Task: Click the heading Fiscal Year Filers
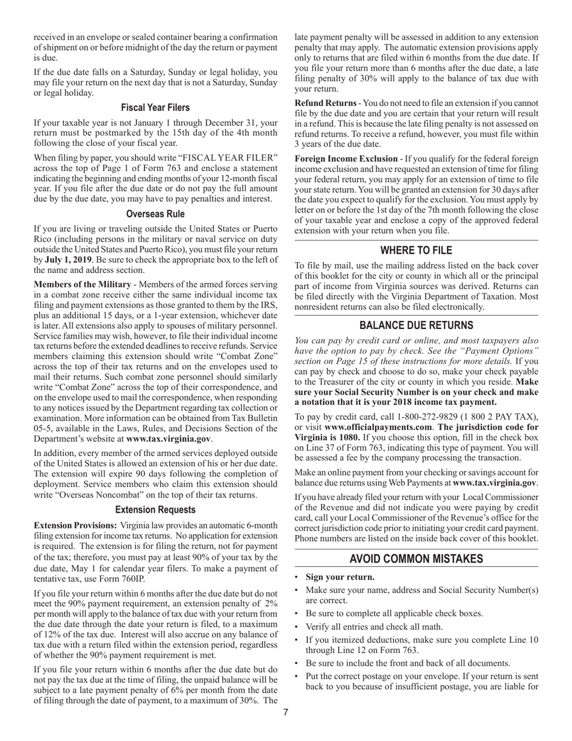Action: point(155,107)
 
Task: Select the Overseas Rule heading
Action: point(155,214)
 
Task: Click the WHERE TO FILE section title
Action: point(416,250)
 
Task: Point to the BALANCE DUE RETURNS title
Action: point(416,325)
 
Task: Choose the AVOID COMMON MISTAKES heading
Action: point(416,558)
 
